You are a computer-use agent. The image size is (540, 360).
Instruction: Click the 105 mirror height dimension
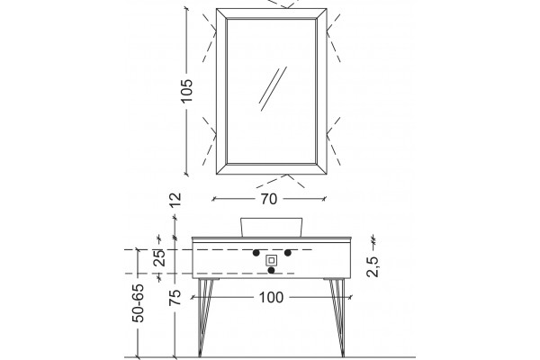(x=186, y=91)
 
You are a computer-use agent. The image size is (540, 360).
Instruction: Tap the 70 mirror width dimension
(x=268, y=199)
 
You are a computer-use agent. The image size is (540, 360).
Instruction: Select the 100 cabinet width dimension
(x=271, y=297)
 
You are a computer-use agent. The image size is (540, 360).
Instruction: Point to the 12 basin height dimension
(x=175, y=200)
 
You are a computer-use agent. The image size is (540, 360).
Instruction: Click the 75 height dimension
(x=175, y=297)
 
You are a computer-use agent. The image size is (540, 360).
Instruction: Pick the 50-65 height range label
(x=138, y=303)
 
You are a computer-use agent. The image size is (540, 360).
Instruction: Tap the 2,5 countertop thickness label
(x=373, y=266)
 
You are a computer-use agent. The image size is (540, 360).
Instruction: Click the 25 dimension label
(x=159, y=257)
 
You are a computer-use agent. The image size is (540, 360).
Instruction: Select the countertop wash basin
(x=272, y=228)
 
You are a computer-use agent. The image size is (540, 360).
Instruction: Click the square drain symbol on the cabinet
(x=272, y=260)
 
